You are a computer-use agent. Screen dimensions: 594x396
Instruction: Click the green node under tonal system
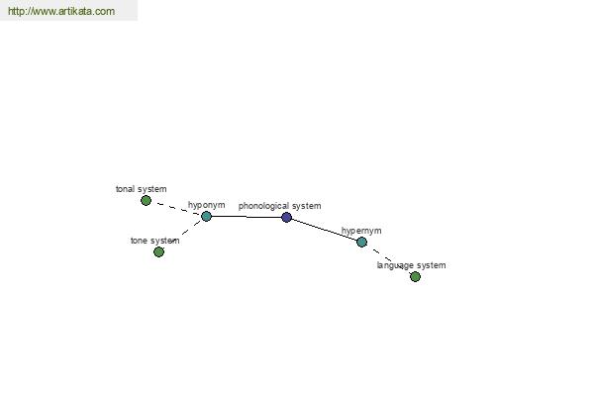click(146, 200)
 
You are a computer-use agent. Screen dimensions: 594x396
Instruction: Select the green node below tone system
click(158, 251)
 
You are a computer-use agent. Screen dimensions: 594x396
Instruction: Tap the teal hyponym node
click(206, 217)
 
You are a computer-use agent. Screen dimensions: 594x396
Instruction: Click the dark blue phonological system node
click(287, 217)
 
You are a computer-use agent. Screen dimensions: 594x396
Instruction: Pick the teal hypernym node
click(361, 242)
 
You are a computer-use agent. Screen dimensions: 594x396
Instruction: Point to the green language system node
click(415, 276)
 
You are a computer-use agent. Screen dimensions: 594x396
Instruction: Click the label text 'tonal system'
click(141, 189)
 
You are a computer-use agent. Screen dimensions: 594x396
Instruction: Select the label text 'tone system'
click(155, 241)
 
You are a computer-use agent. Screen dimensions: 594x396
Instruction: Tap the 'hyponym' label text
click(207, 205)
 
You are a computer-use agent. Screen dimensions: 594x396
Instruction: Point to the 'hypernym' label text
click(361, 231)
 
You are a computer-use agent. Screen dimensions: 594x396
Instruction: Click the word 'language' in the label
click(395, 265)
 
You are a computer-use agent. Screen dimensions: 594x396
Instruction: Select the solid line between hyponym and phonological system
click(247, 217)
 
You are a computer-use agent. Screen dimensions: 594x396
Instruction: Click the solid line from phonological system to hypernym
click(325, 230)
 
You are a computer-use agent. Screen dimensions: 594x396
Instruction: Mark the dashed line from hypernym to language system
click(382, 255)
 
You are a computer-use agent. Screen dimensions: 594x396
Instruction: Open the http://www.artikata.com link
click(61, 11)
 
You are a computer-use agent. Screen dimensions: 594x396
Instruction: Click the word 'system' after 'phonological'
click(306, 206)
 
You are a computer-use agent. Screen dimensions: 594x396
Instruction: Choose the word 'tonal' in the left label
click(125, 189)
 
